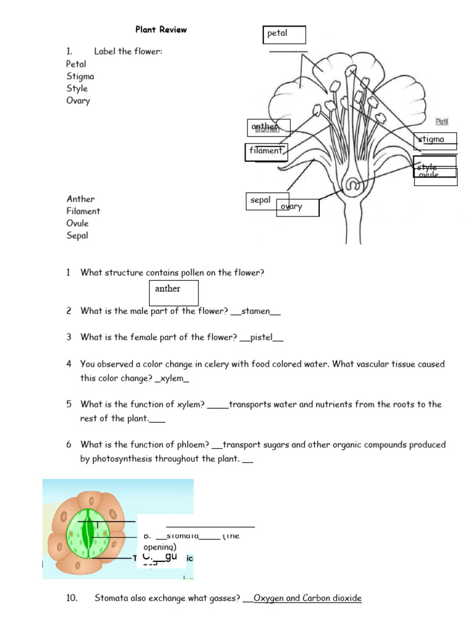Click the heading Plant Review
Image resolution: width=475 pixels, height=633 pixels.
point(161,30)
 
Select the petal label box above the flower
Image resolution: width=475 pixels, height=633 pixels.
point(285,35)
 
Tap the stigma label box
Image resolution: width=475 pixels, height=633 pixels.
point(435,140)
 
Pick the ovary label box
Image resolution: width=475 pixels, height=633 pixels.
point(297,208)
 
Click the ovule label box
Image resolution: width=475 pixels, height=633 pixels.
point(435,177)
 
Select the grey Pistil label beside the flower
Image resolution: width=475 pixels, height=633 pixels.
point(442,122)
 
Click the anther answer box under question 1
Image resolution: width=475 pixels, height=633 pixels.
point(174,292)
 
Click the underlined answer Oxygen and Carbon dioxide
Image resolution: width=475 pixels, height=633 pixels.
point(307,598)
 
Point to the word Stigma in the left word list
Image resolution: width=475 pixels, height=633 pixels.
point(80,77)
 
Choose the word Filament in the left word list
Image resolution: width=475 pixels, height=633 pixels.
point(83,211)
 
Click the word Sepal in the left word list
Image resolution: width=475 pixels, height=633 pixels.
point(77,236)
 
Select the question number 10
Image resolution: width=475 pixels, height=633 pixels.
point(72,598)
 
